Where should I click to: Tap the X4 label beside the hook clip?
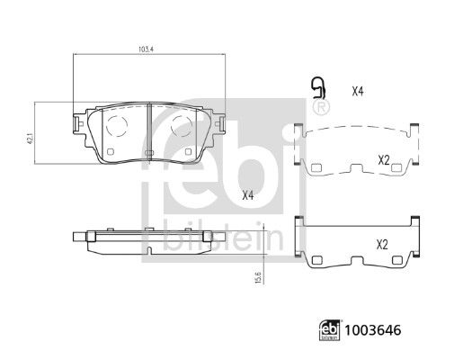357,91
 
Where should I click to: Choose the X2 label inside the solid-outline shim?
382,244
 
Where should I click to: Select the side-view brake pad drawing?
147,237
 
